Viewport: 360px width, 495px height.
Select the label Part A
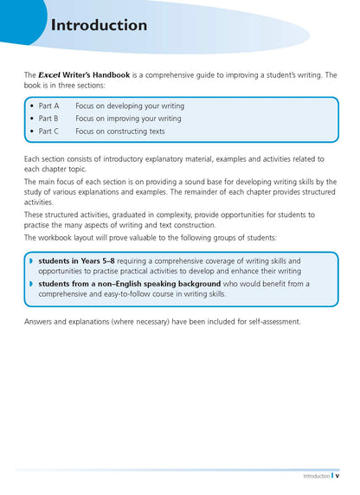point(48,106)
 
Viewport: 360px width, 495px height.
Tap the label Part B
point(48,119)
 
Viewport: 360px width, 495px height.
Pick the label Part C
point(48,132)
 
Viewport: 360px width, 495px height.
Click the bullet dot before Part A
point(32,106)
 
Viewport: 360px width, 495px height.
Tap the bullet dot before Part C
point(32,132)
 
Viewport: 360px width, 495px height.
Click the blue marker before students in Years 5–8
point(31,260)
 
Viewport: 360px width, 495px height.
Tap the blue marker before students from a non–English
point(31,283)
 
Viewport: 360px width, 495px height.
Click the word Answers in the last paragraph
point(40,322)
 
